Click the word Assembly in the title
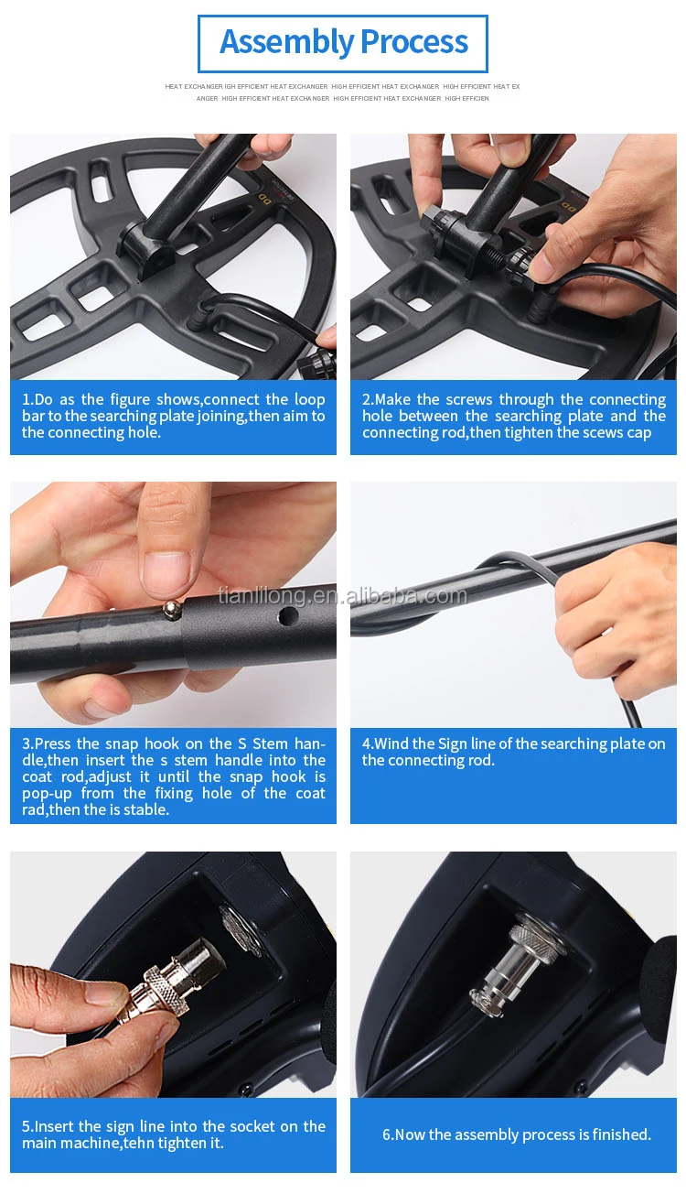pos(287,43)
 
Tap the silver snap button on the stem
pos(171,609)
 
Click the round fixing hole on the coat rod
pos(289,617)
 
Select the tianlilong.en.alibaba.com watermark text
pos(342,595)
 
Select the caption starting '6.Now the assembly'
pos(517,1134)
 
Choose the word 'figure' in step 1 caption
pos(130,400)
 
